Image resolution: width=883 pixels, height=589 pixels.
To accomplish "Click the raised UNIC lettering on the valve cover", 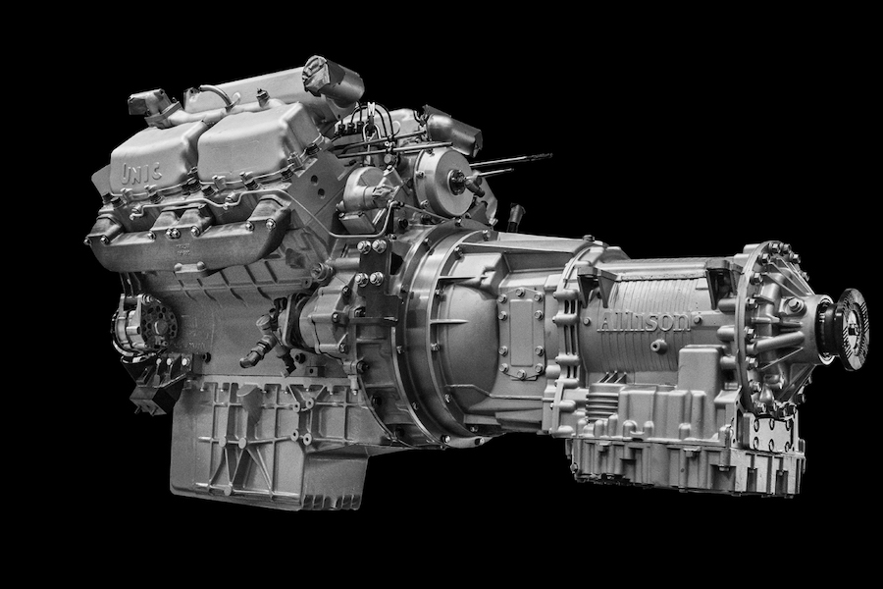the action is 140,173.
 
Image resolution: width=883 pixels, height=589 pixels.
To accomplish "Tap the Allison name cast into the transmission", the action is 644,321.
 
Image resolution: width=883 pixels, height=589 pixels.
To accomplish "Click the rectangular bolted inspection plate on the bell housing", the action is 520,334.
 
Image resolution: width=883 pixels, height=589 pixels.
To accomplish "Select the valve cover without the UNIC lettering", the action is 257,143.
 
